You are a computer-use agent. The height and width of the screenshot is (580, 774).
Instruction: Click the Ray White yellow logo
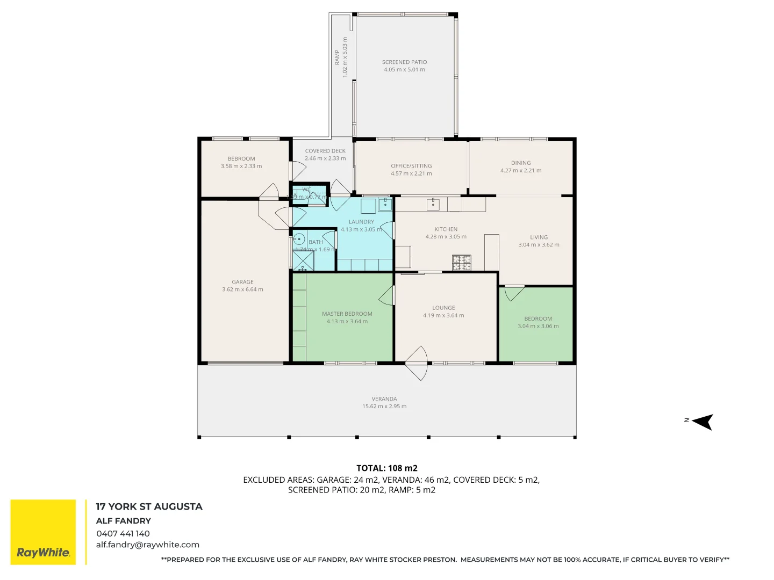43,532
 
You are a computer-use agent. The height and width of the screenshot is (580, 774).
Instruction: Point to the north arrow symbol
703,422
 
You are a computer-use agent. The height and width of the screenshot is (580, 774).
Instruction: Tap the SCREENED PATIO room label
404,62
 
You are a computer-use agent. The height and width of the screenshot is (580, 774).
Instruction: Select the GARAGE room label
242,282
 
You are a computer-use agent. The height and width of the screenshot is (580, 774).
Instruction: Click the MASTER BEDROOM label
347,314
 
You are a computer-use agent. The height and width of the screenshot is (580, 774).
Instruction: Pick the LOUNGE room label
443,308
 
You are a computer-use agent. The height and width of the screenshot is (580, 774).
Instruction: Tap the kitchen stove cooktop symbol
461,263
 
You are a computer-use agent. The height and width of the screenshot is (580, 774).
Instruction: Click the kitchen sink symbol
433,204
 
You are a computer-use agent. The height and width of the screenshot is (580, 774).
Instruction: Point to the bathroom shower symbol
303,260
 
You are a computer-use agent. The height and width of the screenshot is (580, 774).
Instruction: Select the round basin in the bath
299,239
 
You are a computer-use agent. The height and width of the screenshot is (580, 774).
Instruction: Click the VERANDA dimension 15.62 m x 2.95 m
384,407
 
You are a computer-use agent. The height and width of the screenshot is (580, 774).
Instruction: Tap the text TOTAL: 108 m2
386,468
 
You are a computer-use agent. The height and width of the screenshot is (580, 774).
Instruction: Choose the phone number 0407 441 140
123,534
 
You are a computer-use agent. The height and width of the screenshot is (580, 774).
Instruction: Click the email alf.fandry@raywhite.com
148,545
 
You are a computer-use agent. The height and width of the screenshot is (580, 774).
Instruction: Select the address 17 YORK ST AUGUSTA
149,507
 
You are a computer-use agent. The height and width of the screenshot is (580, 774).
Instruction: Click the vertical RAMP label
338,57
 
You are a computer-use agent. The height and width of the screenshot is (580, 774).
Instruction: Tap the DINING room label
520,163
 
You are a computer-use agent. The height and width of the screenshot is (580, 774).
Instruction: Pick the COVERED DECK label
325,151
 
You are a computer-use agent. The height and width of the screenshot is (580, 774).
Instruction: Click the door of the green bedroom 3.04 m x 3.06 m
514,293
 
